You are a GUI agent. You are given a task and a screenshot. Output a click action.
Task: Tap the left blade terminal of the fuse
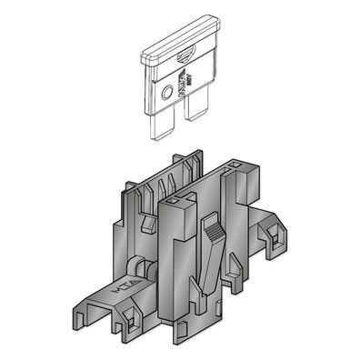pyautogui.click(x=159, y=121)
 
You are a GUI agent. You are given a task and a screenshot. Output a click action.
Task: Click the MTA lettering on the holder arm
pyautogui.click(x=99, y=292)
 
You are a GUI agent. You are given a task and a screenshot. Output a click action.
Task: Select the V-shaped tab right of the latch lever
pyautogui.click(x=235, y=266)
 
